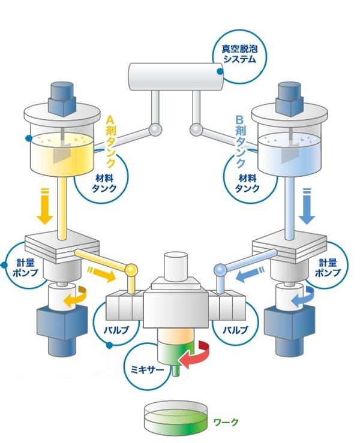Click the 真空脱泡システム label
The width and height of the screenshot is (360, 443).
click(239, 53)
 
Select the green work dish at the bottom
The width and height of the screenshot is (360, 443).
click(176, 417)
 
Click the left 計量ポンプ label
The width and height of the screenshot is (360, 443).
click(25, 267)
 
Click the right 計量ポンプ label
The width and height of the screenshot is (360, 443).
click(331, 267)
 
